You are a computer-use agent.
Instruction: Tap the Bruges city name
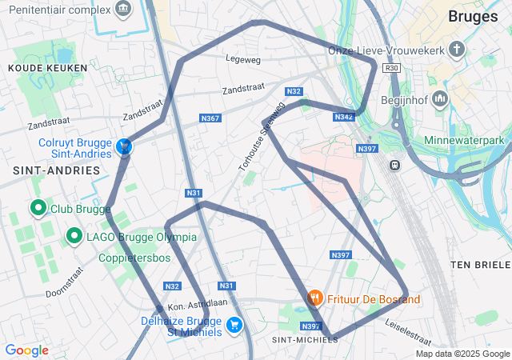(473, 16)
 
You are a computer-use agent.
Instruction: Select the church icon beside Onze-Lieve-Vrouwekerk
(456, 50)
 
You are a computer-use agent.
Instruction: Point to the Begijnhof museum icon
(440, 100)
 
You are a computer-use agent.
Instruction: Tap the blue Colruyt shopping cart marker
(124, 146)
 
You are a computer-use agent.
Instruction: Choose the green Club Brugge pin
(38, 209)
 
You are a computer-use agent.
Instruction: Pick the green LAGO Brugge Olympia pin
(74, 236)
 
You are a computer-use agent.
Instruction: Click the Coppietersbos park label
(135, 258)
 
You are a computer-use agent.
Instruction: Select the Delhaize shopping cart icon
(234, 324)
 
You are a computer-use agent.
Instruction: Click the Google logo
(26, 350)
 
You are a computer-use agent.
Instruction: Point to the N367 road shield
(210, 118)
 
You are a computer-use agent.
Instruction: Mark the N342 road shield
(343, 118)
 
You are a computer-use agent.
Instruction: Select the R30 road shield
(391, 69)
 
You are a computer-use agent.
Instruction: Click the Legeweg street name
(244, 59)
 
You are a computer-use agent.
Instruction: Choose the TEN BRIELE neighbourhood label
(480, 265)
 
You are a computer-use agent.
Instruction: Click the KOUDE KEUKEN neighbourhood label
(36, 69)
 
